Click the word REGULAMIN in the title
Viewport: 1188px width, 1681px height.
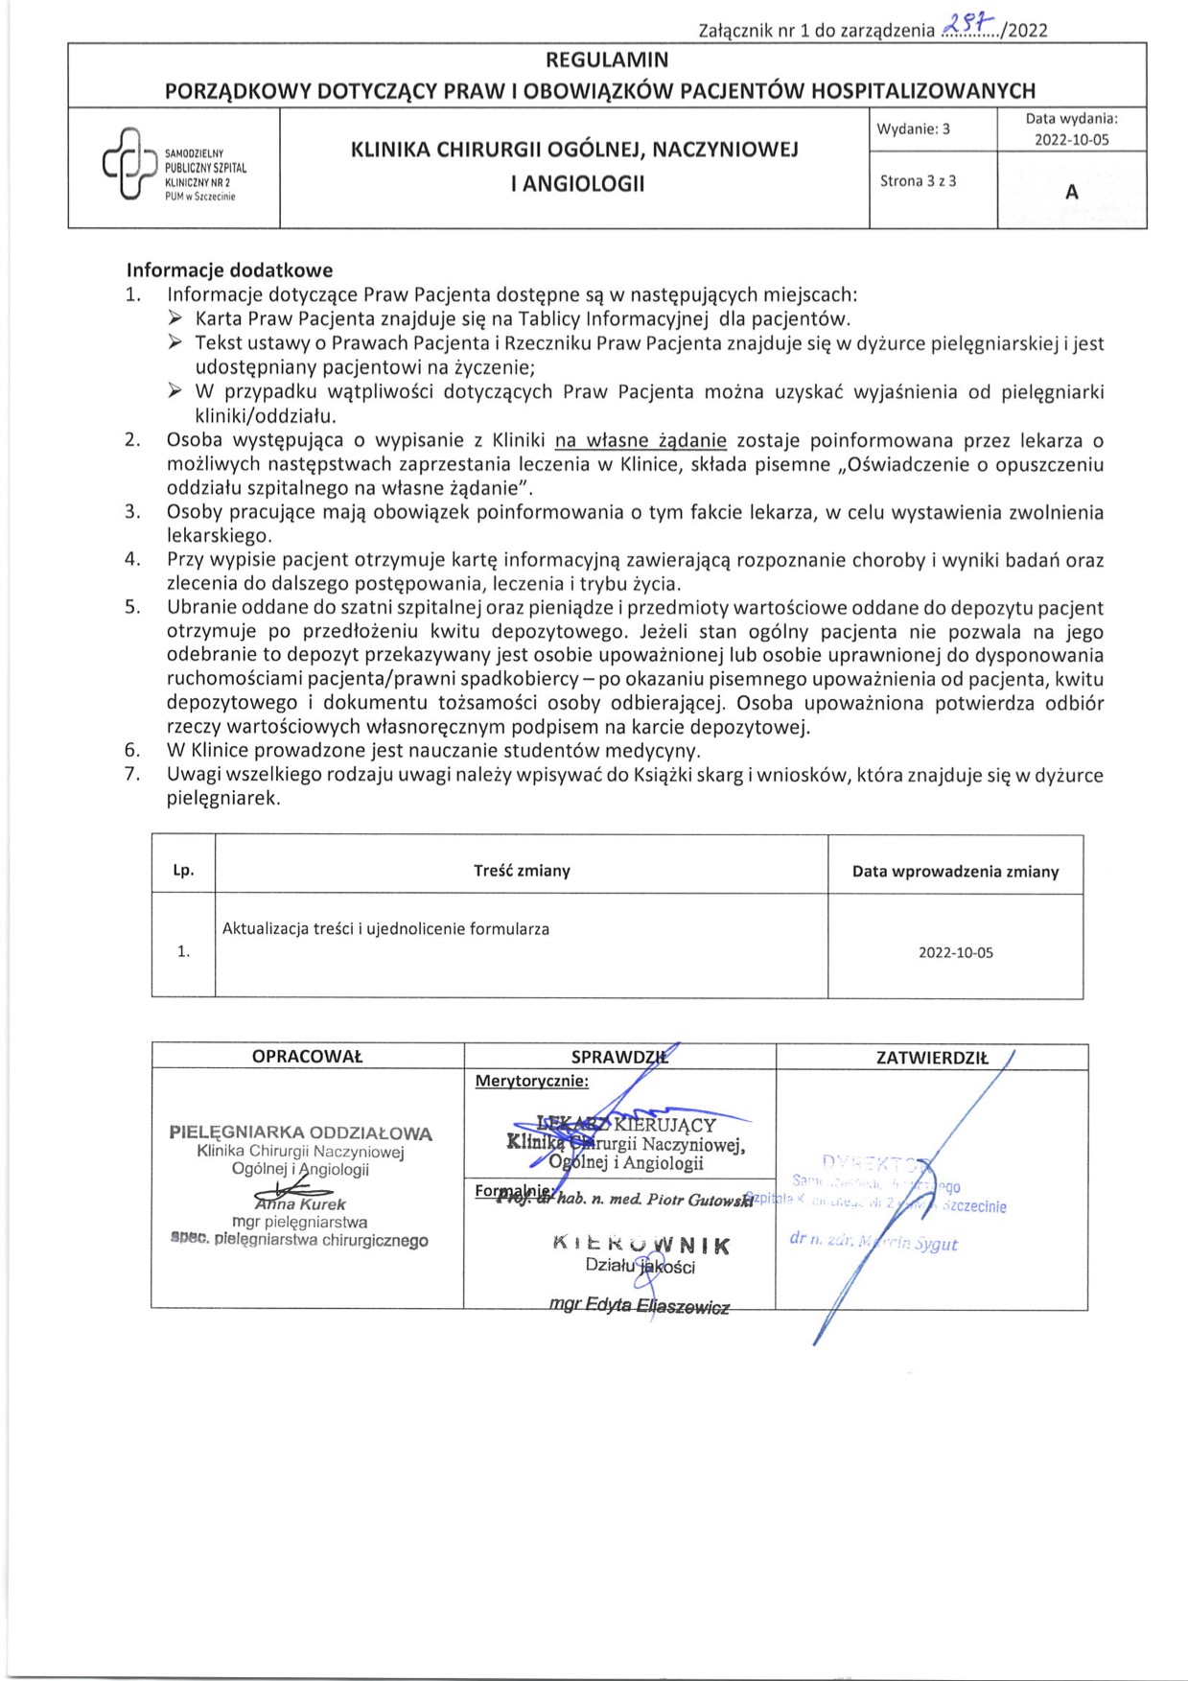point(607,60)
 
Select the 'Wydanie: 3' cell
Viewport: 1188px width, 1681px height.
point(913,129)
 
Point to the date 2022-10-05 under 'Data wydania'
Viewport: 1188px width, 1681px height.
point(1071,140)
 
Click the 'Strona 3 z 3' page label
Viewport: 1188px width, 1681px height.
point(918,181)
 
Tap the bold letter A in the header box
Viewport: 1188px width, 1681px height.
point(1071,192)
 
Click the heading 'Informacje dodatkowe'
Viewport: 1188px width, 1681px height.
point(229,270)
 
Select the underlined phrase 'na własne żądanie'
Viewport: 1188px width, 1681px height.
point(641,441)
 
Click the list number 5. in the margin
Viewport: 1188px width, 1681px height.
point(132,608)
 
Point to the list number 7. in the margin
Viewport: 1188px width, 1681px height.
point(132,775)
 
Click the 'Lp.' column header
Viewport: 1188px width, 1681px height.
point(183,871)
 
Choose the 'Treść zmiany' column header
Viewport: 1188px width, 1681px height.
point(522,871)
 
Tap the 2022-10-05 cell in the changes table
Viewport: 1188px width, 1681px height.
point(955,953)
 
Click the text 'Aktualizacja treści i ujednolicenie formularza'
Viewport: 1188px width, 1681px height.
point(385,929)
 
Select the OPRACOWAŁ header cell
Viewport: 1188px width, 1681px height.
point(307,1057)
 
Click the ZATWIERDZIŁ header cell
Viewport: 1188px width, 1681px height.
point(931,1058)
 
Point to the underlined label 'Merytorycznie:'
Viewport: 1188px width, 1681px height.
point(532,1082)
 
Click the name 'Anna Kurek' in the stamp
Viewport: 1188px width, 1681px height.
point(300,1204)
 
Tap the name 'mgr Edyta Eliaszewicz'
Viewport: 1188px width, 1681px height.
point(639,1305)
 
